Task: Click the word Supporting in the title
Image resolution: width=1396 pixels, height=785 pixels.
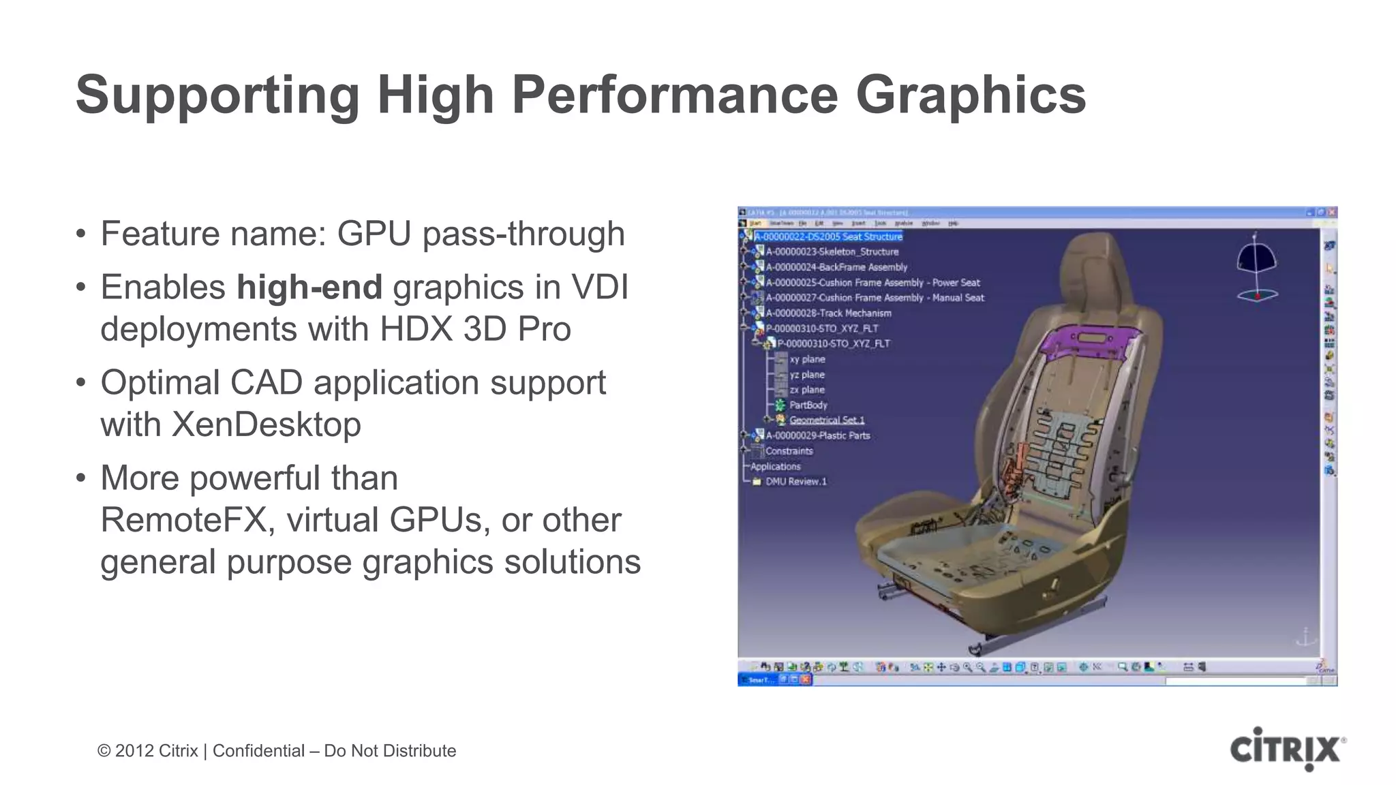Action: coord(217,95)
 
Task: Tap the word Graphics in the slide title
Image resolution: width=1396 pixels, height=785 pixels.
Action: coord(970,95)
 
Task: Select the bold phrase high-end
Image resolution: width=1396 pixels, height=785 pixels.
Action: coord(309,287)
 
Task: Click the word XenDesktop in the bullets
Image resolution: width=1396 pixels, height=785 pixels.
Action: coord(266,425)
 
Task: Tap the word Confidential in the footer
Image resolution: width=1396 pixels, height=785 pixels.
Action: coord(258,751)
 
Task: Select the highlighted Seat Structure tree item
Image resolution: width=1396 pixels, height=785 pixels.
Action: coord(828,236)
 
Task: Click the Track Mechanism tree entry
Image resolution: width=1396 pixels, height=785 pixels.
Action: coord(828,313)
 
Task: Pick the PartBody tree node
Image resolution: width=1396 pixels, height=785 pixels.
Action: coord(808,405)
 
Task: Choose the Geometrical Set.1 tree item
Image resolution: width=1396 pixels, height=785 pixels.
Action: coord(826,420)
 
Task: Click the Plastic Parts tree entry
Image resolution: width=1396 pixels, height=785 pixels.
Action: coord(818,435)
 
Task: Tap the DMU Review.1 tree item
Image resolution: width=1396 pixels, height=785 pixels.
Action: coord(795,482)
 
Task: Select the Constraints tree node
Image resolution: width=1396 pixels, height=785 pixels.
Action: coord(789,451)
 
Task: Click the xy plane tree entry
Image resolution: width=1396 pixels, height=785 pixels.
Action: coord(807,359)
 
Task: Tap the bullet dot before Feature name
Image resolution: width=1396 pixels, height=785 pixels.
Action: coord(81,234)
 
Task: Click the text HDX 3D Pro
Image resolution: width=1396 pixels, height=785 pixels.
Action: coord(474,329)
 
